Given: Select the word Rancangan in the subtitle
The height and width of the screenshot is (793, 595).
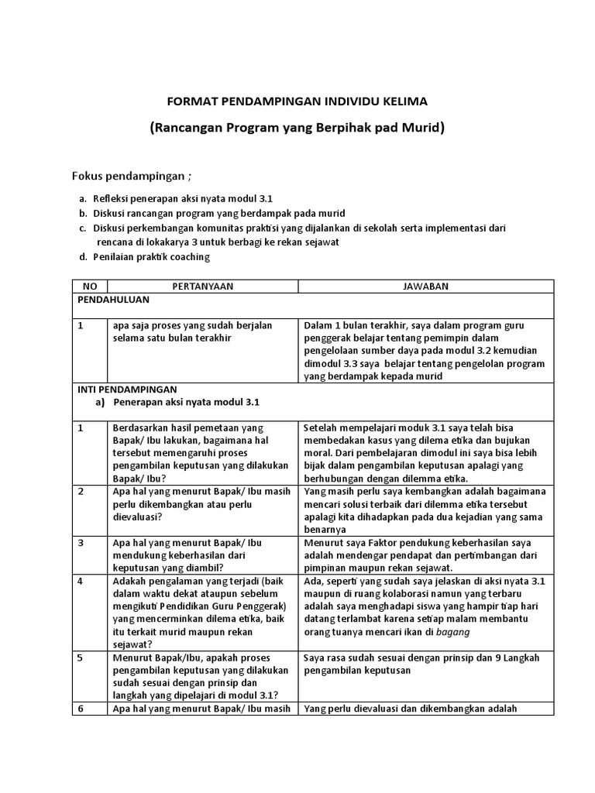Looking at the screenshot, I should pyautogui.click(x=192, y=128).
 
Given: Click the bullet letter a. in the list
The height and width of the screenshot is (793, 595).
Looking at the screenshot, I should pyautogui.click(x=82, y=199).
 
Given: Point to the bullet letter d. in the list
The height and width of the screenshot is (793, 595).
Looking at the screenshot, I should pyautogui.click(x=82, y=257).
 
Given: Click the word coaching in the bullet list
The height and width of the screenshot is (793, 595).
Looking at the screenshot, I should pyautogui.click(x=190, y=257).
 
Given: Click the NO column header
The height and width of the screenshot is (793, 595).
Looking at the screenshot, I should pyautogui.click(x=90, y=286).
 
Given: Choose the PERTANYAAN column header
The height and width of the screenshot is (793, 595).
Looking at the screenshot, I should pyautogui.click(x=204, y=286).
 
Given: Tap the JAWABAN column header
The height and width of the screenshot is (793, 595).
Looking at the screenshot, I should pyautogui.click(x=425, y=286).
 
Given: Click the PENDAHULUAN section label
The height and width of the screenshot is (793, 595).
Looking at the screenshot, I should pyautogui.click(x=112, y=299).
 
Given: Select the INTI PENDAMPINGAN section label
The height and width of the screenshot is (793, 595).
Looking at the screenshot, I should pyautogui.click(x=127, y=390).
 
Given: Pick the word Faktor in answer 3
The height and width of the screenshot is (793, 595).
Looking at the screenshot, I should pyautogui.click(x=373, y=543).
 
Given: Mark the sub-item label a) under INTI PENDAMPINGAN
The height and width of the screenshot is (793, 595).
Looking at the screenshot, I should pyautogui.click(x=100, y=403).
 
